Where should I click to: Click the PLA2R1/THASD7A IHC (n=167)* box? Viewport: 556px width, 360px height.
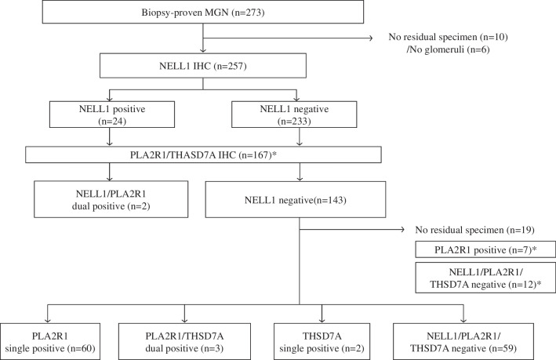pos(203,154)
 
